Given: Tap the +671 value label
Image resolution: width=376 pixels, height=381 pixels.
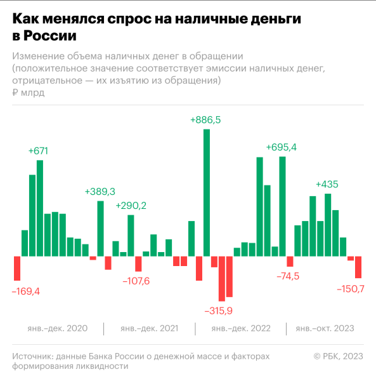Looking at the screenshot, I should [38, 150].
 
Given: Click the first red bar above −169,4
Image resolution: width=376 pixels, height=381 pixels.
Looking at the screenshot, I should [17, 269].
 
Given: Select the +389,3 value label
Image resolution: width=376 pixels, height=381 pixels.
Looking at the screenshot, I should [100, 191].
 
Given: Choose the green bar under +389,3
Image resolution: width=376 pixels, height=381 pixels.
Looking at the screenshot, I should [100, 229].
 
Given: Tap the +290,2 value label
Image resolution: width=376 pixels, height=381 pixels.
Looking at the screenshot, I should [131, 205].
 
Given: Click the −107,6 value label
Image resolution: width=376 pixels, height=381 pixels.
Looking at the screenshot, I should [136, 281].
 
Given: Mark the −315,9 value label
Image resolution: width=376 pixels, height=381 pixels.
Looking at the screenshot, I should [219, 311].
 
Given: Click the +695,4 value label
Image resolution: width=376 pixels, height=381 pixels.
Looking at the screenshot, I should [282, 147].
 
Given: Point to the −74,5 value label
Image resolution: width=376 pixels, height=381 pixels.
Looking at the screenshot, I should [288, 276].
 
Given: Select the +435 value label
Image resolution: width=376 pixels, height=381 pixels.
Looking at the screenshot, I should [327, 184].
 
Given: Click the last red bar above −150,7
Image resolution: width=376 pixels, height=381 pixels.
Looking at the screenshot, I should [358, 267].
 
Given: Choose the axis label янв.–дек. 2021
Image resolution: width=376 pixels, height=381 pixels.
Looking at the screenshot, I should [149, 328].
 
